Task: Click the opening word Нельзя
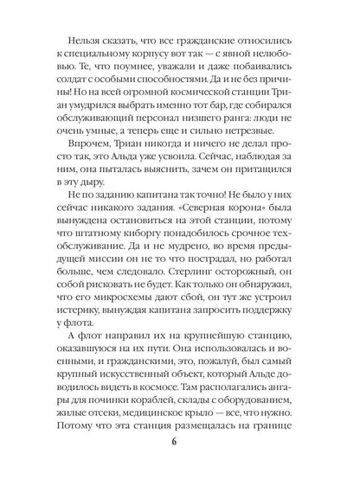pyautogui.click(x=81, y=38)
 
